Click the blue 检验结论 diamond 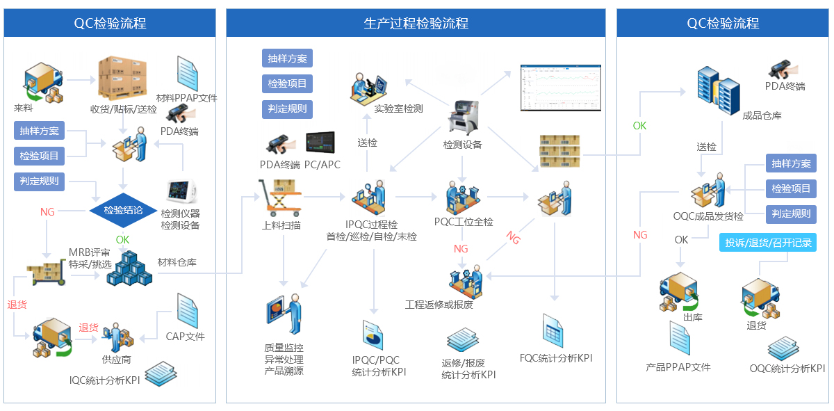(124, 210)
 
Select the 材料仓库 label (177, 262)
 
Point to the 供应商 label (117, 360)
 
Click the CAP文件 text (185, 337)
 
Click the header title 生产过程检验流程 (416, 24)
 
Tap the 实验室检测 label (398, 108)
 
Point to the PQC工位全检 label (464, 222)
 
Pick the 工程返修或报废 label (439, 305)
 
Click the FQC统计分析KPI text (556, 358)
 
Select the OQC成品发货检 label (708, 216)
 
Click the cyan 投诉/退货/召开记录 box (767, 243)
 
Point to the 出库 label (693, 318)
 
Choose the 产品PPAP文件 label (678, 366)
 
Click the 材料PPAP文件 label (187, 98)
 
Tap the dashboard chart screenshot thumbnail (560, 88)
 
